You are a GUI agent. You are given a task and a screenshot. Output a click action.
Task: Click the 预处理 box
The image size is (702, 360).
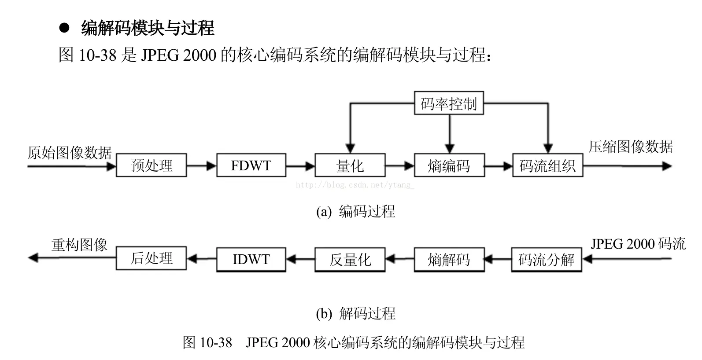click(x=151, y=165)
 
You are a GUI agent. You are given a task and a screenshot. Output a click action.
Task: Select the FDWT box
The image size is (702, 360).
click(x=251, y=165)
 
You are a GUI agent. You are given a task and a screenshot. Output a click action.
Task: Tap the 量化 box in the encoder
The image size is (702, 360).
click(x=350, y=165)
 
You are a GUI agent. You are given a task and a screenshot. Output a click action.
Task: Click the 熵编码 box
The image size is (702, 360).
click(x=449, y=165)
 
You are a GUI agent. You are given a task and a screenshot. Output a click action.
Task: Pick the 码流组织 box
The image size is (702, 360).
click(x=547, y=165)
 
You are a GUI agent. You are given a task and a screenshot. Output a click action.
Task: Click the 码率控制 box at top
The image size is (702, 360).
click(x=449, y=103)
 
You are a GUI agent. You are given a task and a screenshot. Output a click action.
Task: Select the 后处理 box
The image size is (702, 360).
click(x=151, y=258)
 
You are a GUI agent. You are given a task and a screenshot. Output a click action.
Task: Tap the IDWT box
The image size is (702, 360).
click(x=251, y=259)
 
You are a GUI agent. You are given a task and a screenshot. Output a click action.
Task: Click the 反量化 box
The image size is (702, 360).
click(x=350, y=260)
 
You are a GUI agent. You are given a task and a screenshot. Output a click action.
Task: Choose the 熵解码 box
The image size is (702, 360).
click(x=449, y=260)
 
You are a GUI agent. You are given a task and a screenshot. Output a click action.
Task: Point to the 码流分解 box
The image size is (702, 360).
click(x=546, y=260)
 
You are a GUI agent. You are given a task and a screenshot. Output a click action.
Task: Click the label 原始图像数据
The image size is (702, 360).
click(x=70, y=153)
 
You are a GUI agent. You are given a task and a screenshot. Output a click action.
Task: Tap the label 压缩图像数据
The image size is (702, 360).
click(x=630, y=147)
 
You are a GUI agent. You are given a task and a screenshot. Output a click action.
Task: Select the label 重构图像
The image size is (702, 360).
click(x=79, y=245)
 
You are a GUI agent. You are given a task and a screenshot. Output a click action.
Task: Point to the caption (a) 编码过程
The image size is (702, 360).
click(x=356, y=212)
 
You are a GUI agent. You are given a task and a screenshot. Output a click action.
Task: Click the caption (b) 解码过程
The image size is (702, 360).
click(x=356, y=313)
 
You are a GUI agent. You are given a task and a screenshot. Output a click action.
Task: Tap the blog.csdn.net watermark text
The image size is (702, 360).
click(x=355, y=185)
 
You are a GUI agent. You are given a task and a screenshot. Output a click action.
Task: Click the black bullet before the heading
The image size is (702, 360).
click(x=65, y=29)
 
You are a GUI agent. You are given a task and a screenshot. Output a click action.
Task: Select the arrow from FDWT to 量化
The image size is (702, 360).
click(x=300, y=166)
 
